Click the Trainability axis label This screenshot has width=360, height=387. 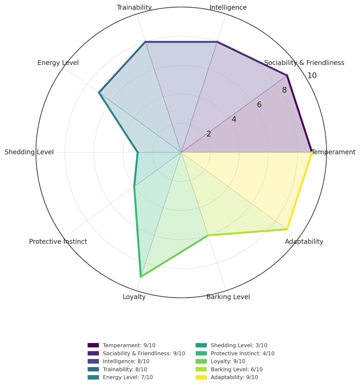[134, 8]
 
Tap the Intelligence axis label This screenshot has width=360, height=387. [228, 8]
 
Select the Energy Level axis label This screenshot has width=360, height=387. [58, 63]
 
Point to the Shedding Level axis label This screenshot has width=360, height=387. [29, 152]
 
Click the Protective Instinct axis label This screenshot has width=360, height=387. [58, 242]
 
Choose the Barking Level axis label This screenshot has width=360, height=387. [228, 297]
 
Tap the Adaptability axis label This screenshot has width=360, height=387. [304, 242]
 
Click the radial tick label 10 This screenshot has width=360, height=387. [312, 76]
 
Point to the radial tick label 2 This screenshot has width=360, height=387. [209, 134]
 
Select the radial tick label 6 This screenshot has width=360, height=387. [259, 105]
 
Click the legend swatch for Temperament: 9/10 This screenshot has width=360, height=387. [93, 345]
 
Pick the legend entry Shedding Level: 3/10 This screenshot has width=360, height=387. [239, 345]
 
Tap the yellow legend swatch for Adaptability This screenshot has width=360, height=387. [201, 377]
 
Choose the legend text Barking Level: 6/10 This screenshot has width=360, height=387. [237, 369]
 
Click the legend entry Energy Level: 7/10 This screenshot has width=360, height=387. [128, 377]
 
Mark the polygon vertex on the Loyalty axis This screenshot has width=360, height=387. [141, 277]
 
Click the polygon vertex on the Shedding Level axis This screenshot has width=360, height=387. [138, 152]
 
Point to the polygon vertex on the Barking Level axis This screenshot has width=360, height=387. [208, 235]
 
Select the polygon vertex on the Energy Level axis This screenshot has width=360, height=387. [99, 92]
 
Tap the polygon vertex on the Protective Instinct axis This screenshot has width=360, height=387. [134, 187]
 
